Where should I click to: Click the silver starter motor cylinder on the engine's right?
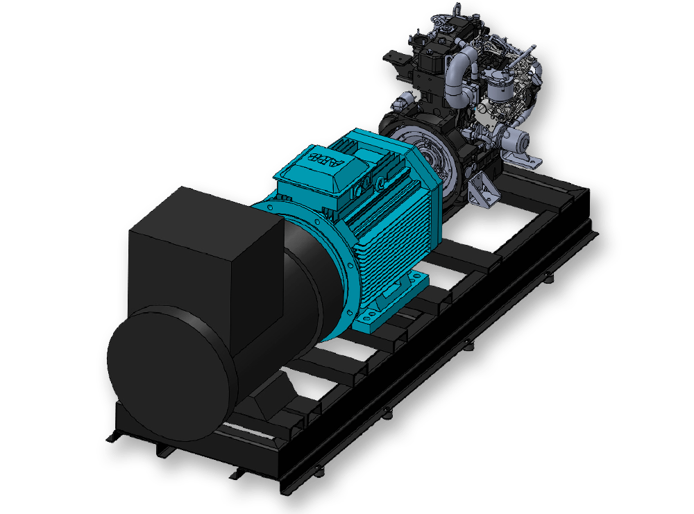tap(517, 142)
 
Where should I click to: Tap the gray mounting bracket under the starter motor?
tap(527, 161)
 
